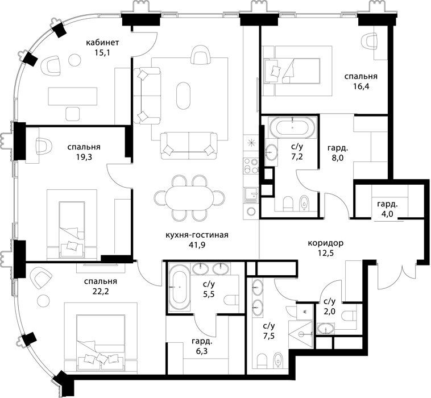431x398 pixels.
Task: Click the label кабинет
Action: pyautogui.click(x=102, y=43)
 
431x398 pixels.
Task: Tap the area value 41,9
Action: pyautogui.click(x=197, y=244)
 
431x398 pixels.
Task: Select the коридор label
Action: pyautogui.click(x=326, y=243)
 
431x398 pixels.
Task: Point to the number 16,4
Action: pyautogui.click(x=361, y=86)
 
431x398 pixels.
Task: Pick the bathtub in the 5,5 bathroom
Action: pyautogui.click(x=180, y=287)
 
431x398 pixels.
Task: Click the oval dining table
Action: pyautogui.click(x=189, y=198)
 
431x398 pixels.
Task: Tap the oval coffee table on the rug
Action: pyautogui.click(x=183, y=96)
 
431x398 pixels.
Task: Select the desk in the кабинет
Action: pyautogui.click(x=73, y=96)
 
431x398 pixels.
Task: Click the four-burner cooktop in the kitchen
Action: pyautogui.click(x=251, y=166)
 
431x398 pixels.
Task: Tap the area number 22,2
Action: pyautogui.click(x=101, y=291)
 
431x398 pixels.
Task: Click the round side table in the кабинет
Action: pyautogui.click(x=74, y=60)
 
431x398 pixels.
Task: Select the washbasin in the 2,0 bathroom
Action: pyautogui.click(x=326, y=329)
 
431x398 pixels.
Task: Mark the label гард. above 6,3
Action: pyautogui.click(x=202, y=342)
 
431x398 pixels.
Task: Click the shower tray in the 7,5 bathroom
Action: pyautogui.click(x=301, y=334)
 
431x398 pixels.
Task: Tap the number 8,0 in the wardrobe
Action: pyautogui.click(x=338, y=158)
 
